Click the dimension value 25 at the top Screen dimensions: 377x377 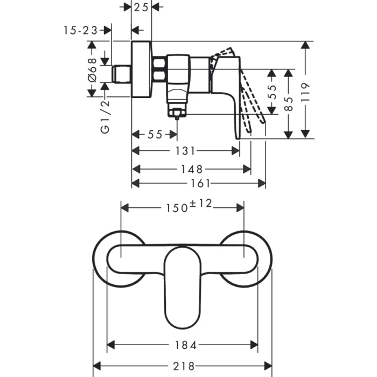tap(141, 7)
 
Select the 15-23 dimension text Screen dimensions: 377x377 tap(80, 30)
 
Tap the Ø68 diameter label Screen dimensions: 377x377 tap(93, 69)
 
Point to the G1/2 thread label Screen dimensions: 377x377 tap(106, 114)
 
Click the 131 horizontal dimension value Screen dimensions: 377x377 tap(186, 151)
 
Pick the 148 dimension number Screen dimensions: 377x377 tap(191, 169)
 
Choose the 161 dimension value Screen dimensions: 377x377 tap(200, 183)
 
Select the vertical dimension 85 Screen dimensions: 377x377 tap(290, 103)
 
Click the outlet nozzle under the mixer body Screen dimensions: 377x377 tap(177, 111)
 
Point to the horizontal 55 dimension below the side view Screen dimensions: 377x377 tap(155, 135)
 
